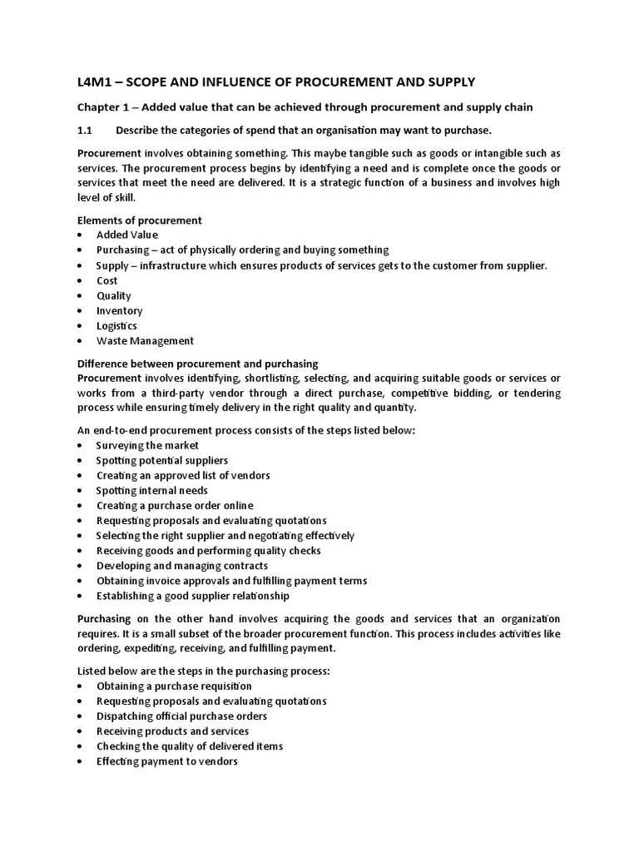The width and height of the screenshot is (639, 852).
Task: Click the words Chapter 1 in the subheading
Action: click(105, 106)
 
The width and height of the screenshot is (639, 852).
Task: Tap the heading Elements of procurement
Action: click(139, 220)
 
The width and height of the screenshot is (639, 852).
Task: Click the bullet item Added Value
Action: click(127, 235)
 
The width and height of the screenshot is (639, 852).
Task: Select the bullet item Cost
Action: click(107, 280)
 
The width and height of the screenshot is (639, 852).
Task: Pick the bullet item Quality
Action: click(114, 295)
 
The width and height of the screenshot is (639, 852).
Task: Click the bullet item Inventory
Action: click(120, 310)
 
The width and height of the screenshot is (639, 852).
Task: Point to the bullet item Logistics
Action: click(117, 325)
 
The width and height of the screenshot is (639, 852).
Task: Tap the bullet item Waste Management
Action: click(145, 340)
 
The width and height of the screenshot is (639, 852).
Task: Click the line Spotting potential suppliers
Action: click(162, 460)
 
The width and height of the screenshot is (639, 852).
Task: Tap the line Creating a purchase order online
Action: click(175, 505)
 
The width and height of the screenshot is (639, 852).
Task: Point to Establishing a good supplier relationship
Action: click(193, 596)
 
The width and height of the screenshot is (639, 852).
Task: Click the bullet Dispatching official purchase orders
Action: click(182, 716)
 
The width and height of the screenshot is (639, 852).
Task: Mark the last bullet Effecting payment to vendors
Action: click(167, 760)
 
